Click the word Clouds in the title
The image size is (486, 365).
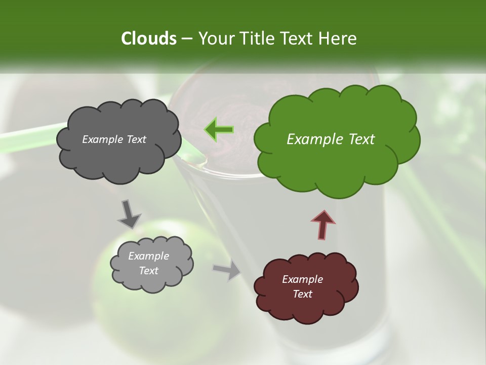pyautogui.click(x=148, y=39)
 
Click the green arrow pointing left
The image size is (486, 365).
pyautogui.click(x=219, y=130)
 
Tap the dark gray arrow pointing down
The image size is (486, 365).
pyautogui.click(x=129, y=213)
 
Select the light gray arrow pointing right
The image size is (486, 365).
pyautogui.click(x=227, y=271)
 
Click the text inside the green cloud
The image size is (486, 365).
pyautogui.click(x=331, y=139)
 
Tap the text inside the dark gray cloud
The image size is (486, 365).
pyautogui.click(x=114, y=139)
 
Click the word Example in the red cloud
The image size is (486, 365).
pyautogui.click(x=302, y=279)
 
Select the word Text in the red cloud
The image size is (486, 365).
pyautogui.click(x=302, y=294)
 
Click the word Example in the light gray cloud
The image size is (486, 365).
pyautogui.click(x=148, y=256)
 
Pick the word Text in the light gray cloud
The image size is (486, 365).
pyautogui.click(x=148, y=271)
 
